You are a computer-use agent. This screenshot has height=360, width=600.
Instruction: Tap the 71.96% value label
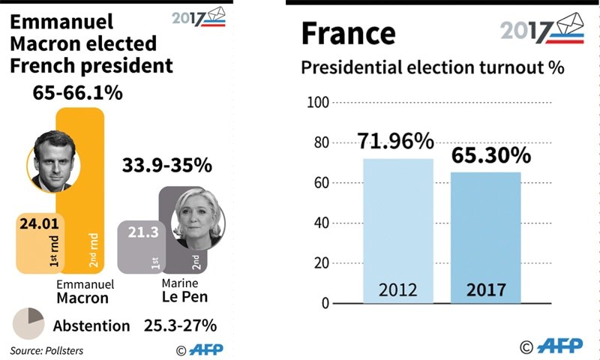396,141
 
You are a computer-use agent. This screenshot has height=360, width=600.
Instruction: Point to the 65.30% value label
490,155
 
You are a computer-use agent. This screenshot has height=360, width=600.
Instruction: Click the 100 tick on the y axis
319,102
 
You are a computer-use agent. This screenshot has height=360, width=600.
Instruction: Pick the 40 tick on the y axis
321,223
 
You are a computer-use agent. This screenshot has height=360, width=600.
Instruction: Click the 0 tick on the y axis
325,304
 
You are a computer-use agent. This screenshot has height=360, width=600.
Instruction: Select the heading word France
348,33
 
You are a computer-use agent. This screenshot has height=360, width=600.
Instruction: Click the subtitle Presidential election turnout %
432,68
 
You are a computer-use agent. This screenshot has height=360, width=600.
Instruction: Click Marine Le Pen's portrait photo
196,218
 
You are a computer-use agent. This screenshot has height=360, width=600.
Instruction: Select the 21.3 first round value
142,233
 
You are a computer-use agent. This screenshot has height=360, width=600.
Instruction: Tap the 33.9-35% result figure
166,165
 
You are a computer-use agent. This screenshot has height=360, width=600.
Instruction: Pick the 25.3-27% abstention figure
180,325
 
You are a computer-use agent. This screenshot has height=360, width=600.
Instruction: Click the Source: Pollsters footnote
46,350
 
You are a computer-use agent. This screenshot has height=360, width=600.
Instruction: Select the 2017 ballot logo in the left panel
198,17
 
